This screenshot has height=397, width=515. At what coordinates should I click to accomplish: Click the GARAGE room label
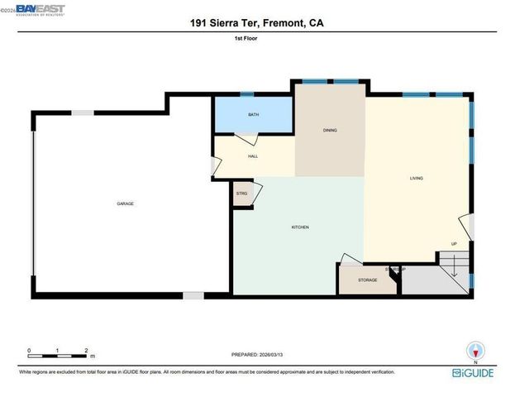(125, 203)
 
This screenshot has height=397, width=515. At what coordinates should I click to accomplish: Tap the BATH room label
(253, 115)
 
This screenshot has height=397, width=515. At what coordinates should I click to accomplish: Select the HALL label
(253, 156)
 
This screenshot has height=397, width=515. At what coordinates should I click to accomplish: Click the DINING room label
(329, 130)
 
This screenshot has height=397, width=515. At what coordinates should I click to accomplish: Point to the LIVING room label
(417, 178)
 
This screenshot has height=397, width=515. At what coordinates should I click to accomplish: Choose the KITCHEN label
(299, 227)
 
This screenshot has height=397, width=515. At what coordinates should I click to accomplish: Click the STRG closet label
(241, 194)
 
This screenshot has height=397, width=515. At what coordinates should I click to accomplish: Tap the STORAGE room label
(367, 280)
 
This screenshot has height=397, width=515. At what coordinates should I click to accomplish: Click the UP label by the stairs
(454, 243)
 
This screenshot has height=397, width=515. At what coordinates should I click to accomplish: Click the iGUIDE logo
(474, 373)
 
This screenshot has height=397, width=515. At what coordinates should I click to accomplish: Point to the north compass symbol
(474, 349)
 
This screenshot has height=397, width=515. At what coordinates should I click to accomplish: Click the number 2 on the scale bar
(85, 351)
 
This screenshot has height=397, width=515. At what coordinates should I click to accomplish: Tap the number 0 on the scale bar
(29, 351)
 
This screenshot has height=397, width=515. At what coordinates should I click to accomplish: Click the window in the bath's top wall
(246, 94)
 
